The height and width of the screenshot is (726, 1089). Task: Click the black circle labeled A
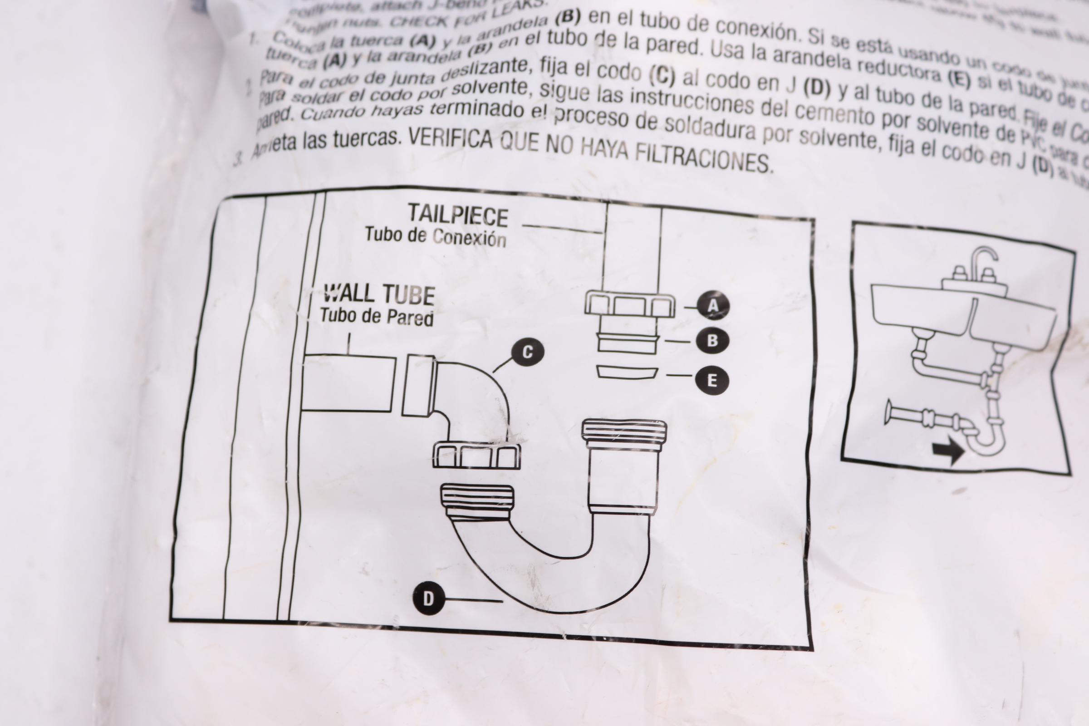coord(713,305)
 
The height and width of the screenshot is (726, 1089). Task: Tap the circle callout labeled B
coord(712,340)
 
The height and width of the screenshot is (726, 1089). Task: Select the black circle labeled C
coord(527,353)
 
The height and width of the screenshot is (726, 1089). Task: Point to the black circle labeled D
coord(428,598)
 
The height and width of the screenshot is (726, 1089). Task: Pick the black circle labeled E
coord(712,380)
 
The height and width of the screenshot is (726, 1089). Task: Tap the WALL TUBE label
coord(379,294)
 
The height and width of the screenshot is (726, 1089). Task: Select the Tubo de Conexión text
coord(435,236)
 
